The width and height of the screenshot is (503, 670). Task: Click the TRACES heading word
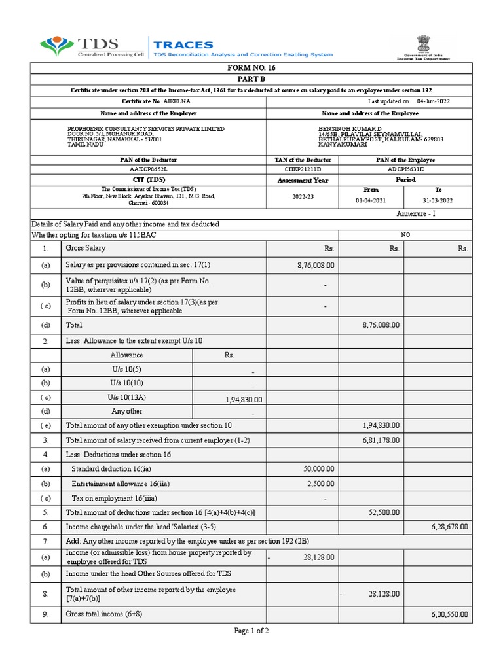coord(183,44)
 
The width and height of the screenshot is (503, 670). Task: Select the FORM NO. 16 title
coord(251,69)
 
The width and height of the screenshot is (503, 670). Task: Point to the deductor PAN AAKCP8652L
coord(149,169)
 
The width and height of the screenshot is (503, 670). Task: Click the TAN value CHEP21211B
coord(302,169)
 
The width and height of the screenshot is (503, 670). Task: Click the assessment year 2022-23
coord(302,196)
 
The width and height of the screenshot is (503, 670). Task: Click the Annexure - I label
coord(415,214)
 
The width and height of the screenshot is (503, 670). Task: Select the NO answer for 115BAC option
coord(405,235)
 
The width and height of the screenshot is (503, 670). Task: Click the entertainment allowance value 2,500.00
coord(320,484)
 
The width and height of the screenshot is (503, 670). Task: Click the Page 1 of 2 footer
coord(251,631)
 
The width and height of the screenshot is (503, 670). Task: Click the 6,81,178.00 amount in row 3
coord(381,440)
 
